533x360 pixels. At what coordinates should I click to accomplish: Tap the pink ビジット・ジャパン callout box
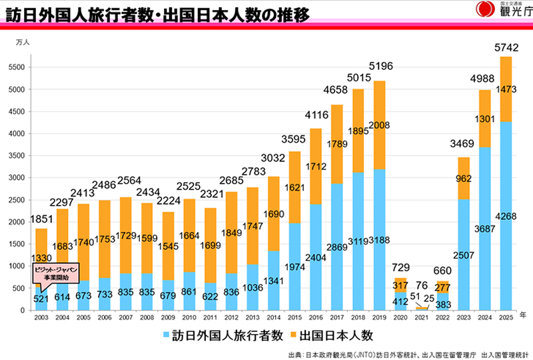click(55, 271)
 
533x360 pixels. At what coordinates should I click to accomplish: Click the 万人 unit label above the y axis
click(23, 42)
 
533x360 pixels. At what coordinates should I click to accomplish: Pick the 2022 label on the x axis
click(442, 317)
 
